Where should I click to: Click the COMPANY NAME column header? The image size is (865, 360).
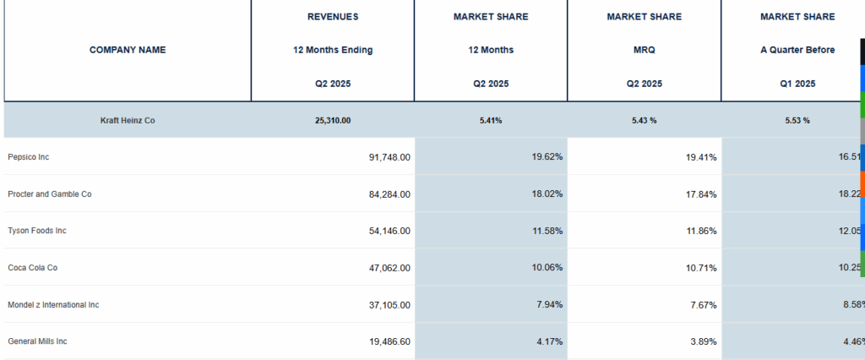coord(128,50)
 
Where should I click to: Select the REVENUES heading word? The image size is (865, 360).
coord(333,17)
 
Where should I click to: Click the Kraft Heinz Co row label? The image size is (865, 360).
coord(128,120)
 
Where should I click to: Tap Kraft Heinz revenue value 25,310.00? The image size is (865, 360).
coord(333,120)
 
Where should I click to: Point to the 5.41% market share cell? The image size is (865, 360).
coord(491,120)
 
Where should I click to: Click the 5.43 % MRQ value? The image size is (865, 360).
coord(645,120)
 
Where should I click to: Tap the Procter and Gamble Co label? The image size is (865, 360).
coord(50,194)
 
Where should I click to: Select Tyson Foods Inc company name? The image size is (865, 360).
coord(37,231)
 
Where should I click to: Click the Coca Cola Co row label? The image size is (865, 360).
coord(32,268)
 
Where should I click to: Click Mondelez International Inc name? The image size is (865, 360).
coord(53,304)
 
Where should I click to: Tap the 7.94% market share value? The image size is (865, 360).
coord(550,304)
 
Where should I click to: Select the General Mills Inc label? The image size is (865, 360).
coord(37,341)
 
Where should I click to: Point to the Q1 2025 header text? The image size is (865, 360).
coord(797,84)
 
